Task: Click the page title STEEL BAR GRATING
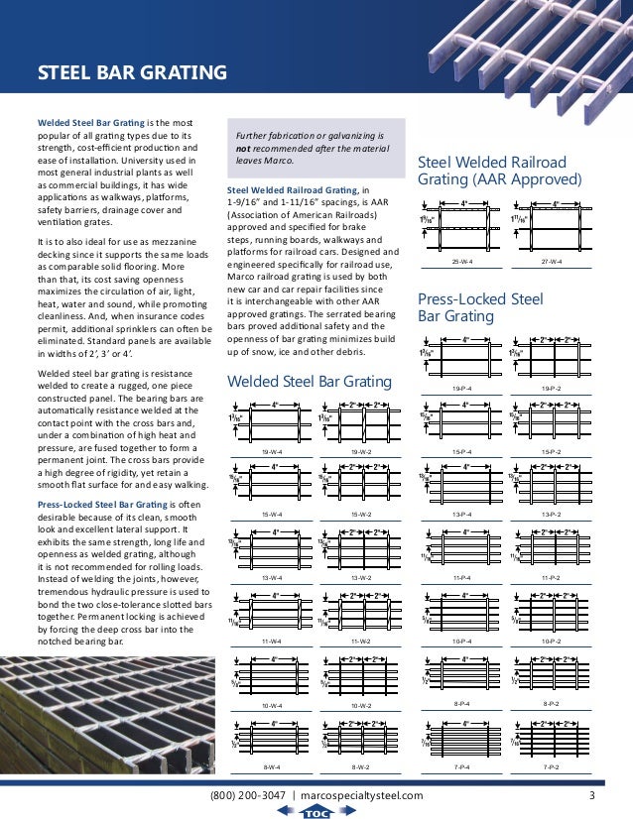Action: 132,72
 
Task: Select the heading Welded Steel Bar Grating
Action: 309,382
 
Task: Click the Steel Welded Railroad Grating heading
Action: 499,171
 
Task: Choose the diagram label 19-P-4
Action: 460,388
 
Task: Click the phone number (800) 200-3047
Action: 249,795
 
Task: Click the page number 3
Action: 591,795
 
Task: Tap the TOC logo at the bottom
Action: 316,812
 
